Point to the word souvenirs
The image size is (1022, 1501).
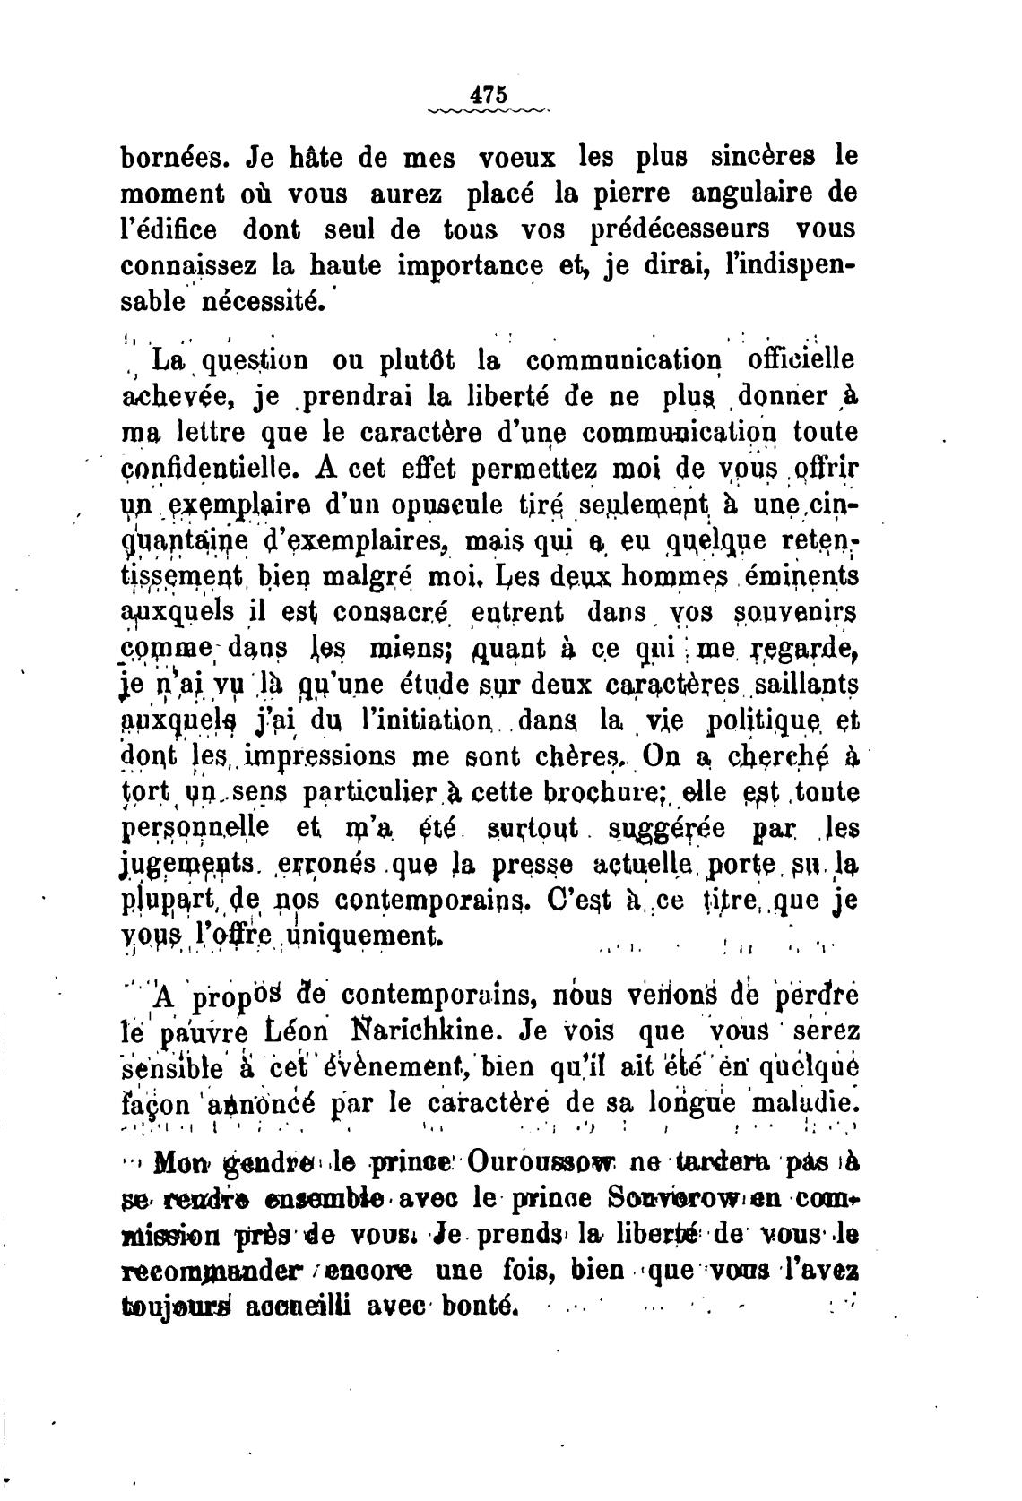tap(797, 612)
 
